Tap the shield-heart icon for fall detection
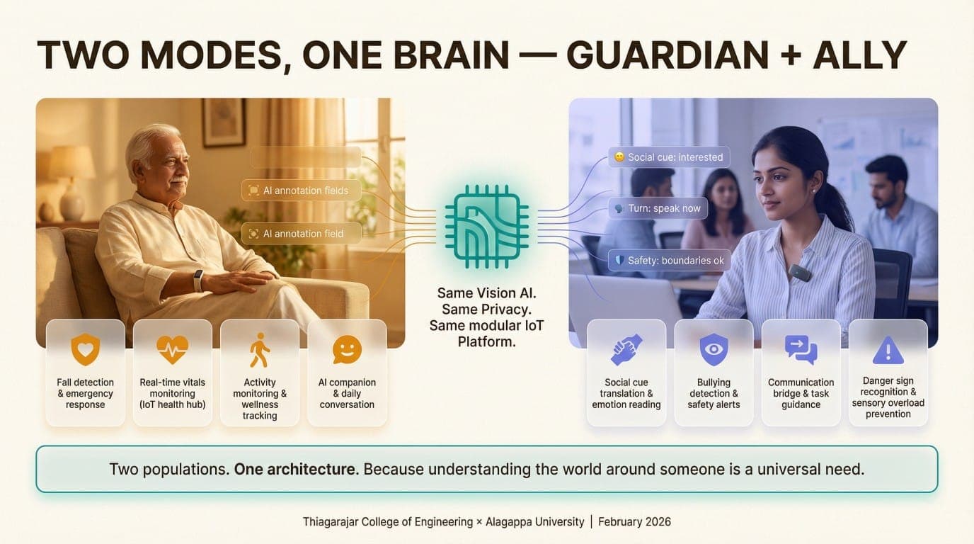point(85,350)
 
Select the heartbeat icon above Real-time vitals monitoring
point(172,350)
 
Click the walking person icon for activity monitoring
point(259,350)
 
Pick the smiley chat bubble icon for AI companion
point(347,350)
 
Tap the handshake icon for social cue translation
point(626,350)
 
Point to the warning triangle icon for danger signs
point(888,350)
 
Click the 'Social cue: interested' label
point(668,157)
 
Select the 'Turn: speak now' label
point(658,208)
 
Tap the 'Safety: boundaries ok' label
point(669,261)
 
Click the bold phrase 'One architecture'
point(295,469)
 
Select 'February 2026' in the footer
point(634,522)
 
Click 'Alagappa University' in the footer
point(535,522)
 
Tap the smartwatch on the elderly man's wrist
point(199,280)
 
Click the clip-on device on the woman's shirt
point(800,272)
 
